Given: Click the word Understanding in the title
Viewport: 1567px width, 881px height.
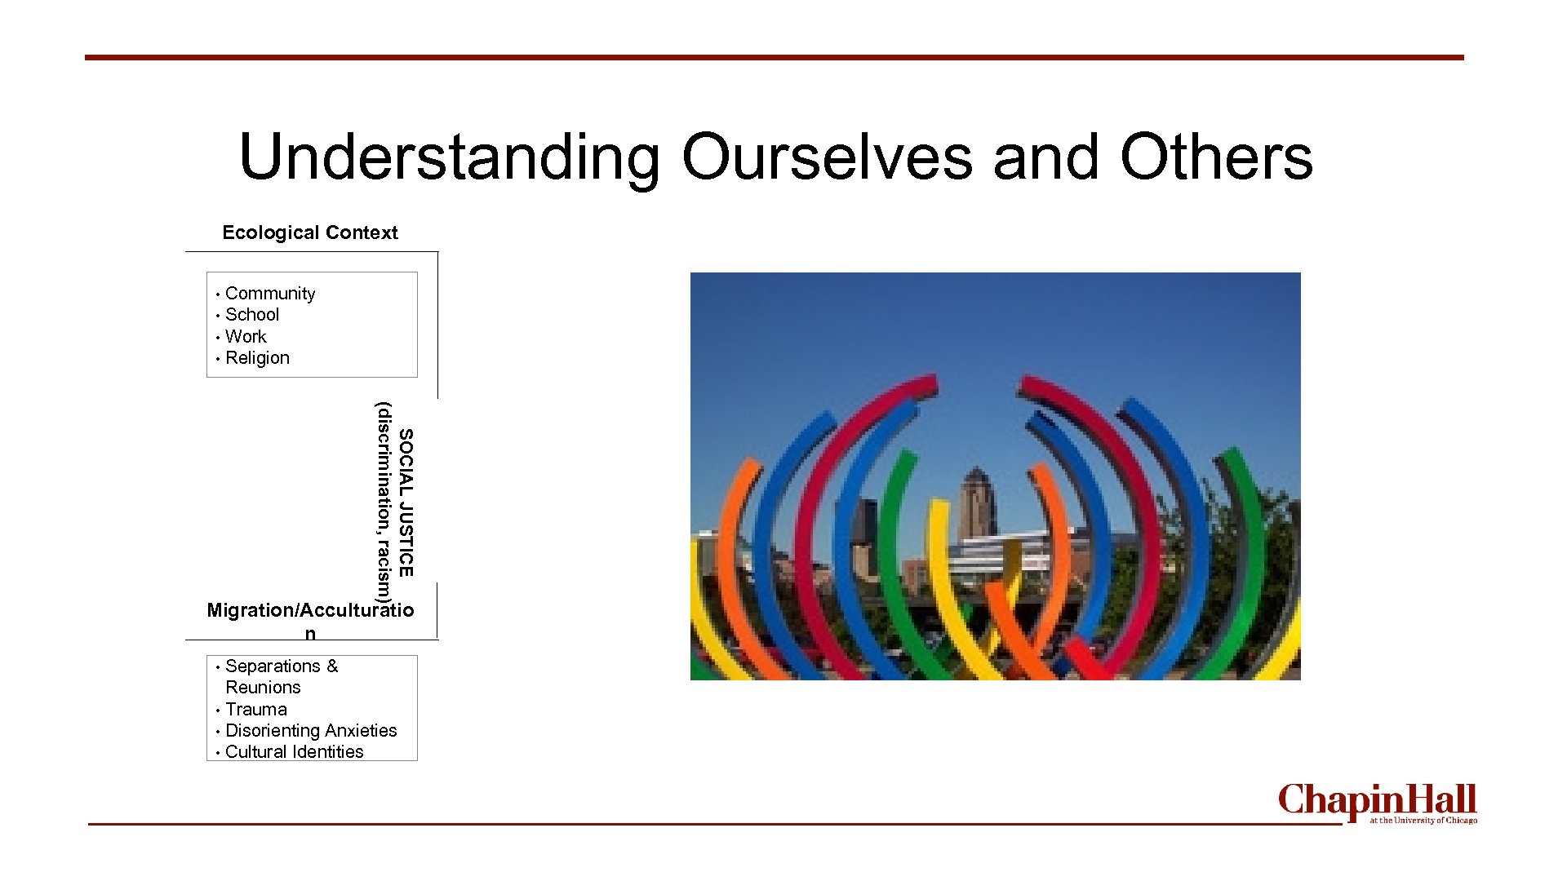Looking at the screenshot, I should point(449,157).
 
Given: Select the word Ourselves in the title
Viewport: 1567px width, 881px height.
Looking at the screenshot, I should point(827,157).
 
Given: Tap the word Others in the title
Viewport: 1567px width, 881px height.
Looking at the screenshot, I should point(1216,157).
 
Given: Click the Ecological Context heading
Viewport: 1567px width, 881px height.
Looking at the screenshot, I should point(310,232).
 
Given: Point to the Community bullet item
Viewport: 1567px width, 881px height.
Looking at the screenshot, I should point(270,294).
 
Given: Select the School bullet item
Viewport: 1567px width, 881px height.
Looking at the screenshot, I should point(252,315).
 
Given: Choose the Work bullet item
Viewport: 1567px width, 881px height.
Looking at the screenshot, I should point(246,336).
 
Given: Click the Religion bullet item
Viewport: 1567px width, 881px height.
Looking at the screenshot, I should point(257,358).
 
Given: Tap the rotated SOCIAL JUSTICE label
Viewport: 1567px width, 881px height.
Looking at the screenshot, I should point(406,502).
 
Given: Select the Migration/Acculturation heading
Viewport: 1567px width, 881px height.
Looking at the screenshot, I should point(310,611).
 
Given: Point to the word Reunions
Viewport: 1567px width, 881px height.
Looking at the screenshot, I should point(263,688).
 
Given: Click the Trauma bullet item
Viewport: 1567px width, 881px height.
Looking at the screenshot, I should point(256,710).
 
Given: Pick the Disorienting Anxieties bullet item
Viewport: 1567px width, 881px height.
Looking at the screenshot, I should point(311,731).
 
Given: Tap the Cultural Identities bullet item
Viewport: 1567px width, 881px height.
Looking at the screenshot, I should point(294,752).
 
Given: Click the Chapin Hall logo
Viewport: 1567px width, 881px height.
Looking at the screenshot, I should point(1377,801).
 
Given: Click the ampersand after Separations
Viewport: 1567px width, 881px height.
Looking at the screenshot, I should point(332,666).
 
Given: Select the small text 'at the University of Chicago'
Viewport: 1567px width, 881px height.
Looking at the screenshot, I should point(1423,821).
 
